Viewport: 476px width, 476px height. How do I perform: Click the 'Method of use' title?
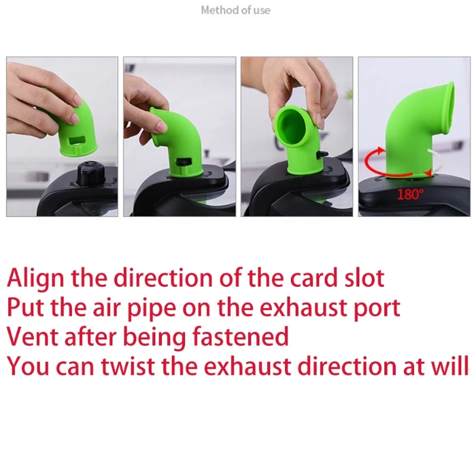(236, 10)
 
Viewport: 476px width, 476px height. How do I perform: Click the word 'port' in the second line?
(377, 308)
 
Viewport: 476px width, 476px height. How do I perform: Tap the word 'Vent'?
(33, 337)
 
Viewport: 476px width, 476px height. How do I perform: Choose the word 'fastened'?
(240, 337)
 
